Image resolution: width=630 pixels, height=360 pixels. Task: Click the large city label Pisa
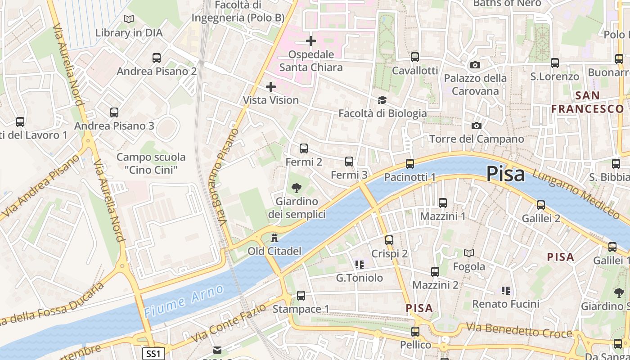(x=505, y=174)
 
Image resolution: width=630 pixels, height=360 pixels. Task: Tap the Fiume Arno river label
(x=184, y=300)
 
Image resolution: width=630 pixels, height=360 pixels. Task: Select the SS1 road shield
(x=153, y=354)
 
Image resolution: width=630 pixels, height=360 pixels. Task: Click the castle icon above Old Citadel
(x=274, y=238)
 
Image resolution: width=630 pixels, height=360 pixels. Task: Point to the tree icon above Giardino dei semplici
(x=296, y=188)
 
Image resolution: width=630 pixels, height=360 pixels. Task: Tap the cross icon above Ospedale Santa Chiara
(x=310, y=41)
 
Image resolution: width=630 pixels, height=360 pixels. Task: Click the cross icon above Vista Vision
(x=270, y=86)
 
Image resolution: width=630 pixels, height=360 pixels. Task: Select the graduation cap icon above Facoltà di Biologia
(x=382, y=100)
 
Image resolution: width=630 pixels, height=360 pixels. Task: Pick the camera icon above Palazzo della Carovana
(x=475, y=65)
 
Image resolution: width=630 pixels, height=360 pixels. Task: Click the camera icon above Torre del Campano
(x=476, y=126)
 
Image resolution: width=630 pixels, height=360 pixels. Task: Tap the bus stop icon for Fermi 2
(x=304, y=148)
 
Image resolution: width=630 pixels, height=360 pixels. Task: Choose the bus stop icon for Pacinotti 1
(x=409, y=164)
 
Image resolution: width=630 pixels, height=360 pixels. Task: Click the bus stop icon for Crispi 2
(x=389, y=240)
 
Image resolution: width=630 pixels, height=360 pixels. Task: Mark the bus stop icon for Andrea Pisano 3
(x=114, y=112)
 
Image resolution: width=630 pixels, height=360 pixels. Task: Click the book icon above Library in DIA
(x=129, y=19)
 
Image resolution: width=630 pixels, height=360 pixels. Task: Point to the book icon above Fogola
(x=469, y=253)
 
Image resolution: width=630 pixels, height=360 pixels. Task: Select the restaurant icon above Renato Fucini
(x=506, y=291)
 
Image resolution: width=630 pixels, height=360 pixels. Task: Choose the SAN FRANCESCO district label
(x=588, y=102)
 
